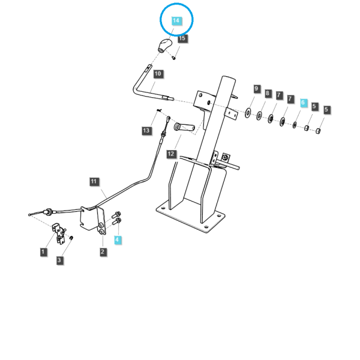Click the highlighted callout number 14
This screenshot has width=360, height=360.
click(176, 21)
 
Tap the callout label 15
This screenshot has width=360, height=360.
click(182, 38)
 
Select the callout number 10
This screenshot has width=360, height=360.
click(158, 74)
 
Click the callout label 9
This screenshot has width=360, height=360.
click(256, 89)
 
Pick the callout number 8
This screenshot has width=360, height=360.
click(268, 93)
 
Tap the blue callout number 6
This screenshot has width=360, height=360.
click(303, 103)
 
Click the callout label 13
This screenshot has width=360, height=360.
click(146, 131)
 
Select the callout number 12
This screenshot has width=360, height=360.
click(171, 154)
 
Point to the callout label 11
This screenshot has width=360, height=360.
click(94, 182)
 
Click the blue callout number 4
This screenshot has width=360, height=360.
click(118, 240)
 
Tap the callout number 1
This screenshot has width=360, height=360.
click(43, 252)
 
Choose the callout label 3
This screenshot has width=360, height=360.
click(59, 260)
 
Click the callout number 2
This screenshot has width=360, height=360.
click(103, 252)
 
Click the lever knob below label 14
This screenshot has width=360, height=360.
click(164, 45)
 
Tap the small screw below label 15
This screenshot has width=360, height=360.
click(174, 58)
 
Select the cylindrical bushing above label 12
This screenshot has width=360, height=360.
click(184, 127)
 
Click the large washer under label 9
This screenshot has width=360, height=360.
click(247, 113)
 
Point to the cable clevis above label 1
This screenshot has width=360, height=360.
click(59, 232)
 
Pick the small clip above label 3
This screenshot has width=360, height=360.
click(71, 238)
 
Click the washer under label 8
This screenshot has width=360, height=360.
click(259, 115)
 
